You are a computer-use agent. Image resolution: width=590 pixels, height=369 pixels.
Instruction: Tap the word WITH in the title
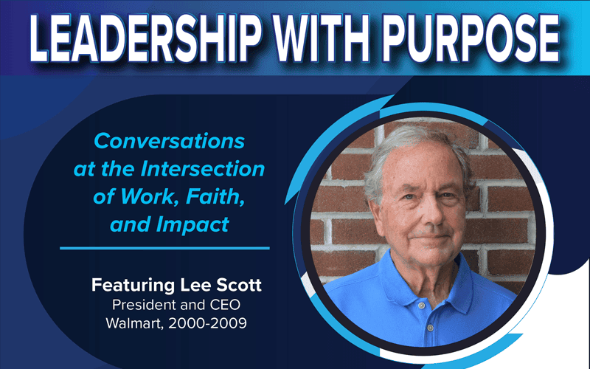tap(322, 38)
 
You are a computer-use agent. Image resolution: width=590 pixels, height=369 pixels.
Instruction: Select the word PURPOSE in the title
tap(471, 38)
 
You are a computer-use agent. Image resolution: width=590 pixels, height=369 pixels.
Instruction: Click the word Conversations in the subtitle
tap(170, 141)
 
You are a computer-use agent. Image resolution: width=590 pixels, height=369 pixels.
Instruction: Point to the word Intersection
tap(203, 169)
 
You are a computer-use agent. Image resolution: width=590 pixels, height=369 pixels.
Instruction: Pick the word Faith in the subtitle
tap(215, 196)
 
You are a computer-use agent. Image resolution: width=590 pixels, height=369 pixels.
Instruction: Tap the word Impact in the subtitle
tap(192, 225)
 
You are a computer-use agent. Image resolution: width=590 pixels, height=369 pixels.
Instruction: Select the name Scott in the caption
tap(238, 285)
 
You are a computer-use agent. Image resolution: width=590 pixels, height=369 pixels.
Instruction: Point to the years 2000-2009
tap(207, 323)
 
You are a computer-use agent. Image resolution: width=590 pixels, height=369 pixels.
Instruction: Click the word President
tap(139, 305)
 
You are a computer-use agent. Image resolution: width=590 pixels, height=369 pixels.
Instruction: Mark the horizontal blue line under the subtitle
tap(164, 248)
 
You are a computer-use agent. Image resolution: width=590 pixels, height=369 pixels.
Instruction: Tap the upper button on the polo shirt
tap(422, 306)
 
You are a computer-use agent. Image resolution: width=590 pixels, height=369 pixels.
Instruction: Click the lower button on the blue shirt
tap(431, 328)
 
